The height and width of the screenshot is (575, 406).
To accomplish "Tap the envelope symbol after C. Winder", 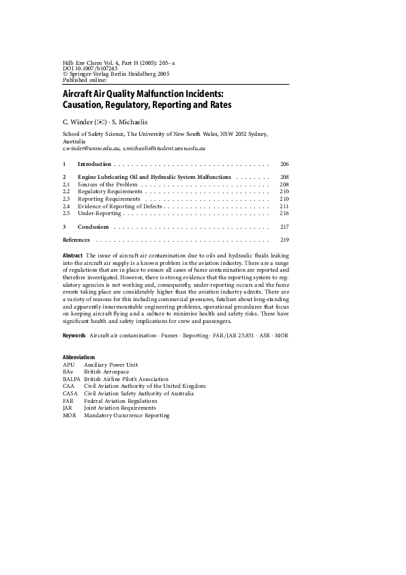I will [100, 122].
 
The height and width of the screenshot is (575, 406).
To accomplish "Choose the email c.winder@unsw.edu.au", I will [91, 148].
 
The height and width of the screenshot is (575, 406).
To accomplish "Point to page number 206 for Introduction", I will [285, 165].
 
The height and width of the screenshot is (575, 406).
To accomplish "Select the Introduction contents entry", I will [94, 165].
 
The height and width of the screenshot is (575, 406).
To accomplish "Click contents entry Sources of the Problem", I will [108, 184].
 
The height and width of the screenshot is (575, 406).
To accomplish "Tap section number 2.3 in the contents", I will [67, 199].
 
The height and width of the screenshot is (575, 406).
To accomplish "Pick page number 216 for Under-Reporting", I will [285, 214].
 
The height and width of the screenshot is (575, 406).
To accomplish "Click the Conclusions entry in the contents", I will [93, 227].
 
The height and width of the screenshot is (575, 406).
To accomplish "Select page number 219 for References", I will [285, 240].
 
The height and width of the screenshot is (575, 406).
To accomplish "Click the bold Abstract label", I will [72, 255].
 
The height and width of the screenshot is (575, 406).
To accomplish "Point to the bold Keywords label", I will [74, 336].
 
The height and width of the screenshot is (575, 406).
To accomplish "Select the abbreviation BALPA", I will [71, 379].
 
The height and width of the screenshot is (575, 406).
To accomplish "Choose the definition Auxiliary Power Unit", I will [111, 365].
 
